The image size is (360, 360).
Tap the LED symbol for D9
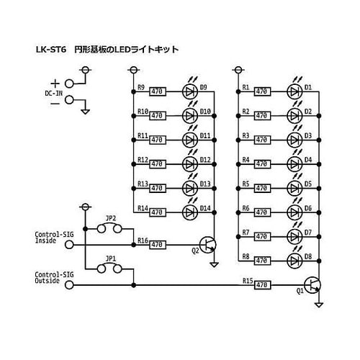click(190, 91)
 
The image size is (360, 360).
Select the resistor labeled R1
click(261, 91)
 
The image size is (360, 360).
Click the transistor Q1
click(312, 284)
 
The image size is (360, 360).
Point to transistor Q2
click(208, 245)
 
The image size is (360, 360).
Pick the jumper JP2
click(111, 229)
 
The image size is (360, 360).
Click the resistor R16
click(158, 245)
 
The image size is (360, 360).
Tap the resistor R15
click(261, 284)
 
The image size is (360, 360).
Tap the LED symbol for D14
click(190, 212)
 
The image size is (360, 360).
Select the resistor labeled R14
click(158, 212)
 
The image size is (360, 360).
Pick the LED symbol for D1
click(294, 91)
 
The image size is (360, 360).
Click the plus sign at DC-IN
click(55, 83)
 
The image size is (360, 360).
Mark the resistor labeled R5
click(261, 188)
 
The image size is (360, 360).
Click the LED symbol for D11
click(190, 140)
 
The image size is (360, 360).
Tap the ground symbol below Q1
click(319, 305)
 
